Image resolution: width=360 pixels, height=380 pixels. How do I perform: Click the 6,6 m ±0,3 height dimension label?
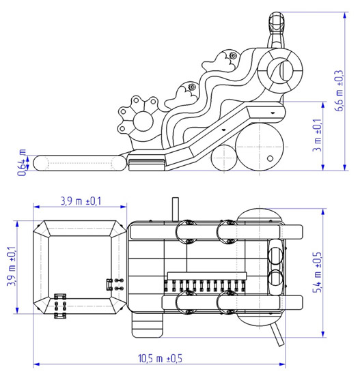tap(339, 91)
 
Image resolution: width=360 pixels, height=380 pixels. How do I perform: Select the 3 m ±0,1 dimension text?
tap(317, 135)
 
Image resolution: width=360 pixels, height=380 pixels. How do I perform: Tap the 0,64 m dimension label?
tap(22, 162)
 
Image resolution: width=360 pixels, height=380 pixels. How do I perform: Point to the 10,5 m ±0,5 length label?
tap(160, 358)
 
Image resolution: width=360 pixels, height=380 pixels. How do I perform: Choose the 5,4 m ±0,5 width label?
tap(317, 272)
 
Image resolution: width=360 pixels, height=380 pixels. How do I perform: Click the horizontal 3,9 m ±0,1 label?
tap(81, 201)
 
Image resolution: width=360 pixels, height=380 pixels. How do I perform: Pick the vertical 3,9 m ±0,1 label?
tap(12, 266)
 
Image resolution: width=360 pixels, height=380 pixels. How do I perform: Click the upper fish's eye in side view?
tap(234, 56)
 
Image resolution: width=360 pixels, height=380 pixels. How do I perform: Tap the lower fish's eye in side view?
tap(192, 87)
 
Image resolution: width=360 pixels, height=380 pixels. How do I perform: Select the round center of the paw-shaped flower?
tap(143, 121)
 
